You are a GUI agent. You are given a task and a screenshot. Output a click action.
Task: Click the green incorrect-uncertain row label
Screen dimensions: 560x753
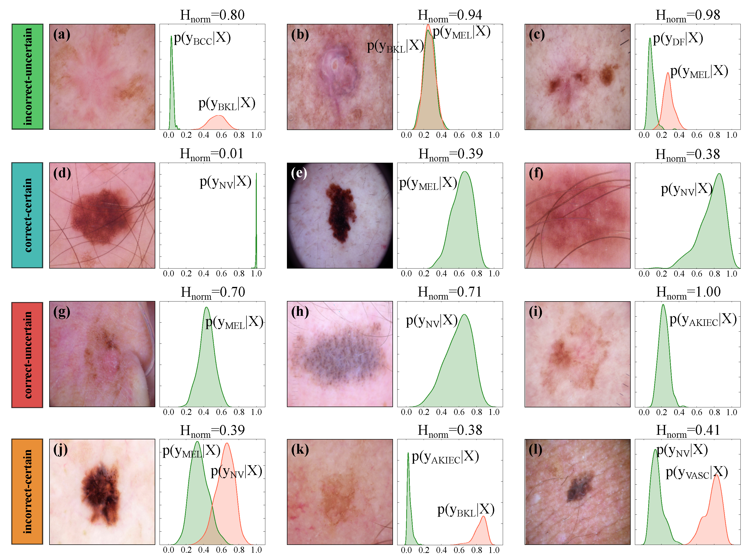27,77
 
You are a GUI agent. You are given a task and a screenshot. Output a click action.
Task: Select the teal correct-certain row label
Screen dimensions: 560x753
27,215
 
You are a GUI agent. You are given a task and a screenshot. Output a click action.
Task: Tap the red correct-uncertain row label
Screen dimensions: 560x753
27,355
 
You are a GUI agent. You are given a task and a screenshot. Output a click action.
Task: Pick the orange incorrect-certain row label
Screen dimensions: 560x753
27,492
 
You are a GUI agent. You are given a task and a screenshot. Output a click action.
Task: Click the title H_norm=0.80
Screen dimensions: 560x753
212,16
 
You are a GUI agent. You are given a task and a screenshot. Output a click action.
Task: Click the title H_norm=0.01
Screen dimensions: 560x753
212,154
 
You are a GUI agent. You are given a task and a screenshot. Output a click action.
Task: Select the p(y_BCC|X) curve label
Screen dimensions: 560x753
202,38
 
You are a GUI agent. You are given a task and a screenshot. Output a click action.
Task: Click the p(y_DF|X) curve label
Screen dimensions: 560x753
678,39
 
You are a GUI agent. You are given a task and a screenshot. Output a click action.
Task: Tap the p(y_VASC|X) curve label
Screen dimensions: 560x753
697,472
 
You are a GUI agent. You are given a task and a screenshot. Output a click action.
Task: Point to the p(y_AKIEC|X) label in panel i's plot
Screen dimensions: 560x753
703,320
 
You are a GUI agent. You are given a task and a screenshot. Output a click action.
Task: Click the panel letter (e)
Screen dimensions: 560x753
299,173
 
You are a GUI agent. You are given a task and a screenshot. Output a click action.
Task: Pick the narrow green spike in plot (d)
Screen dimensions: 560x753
256,220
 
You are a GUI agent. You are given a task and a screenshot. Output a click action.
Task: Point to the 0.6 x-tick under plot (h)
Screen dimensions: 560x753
459,412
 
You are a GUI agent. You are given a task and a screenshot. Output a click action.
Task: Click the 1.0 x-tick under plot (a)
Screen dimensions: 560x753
257,135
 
